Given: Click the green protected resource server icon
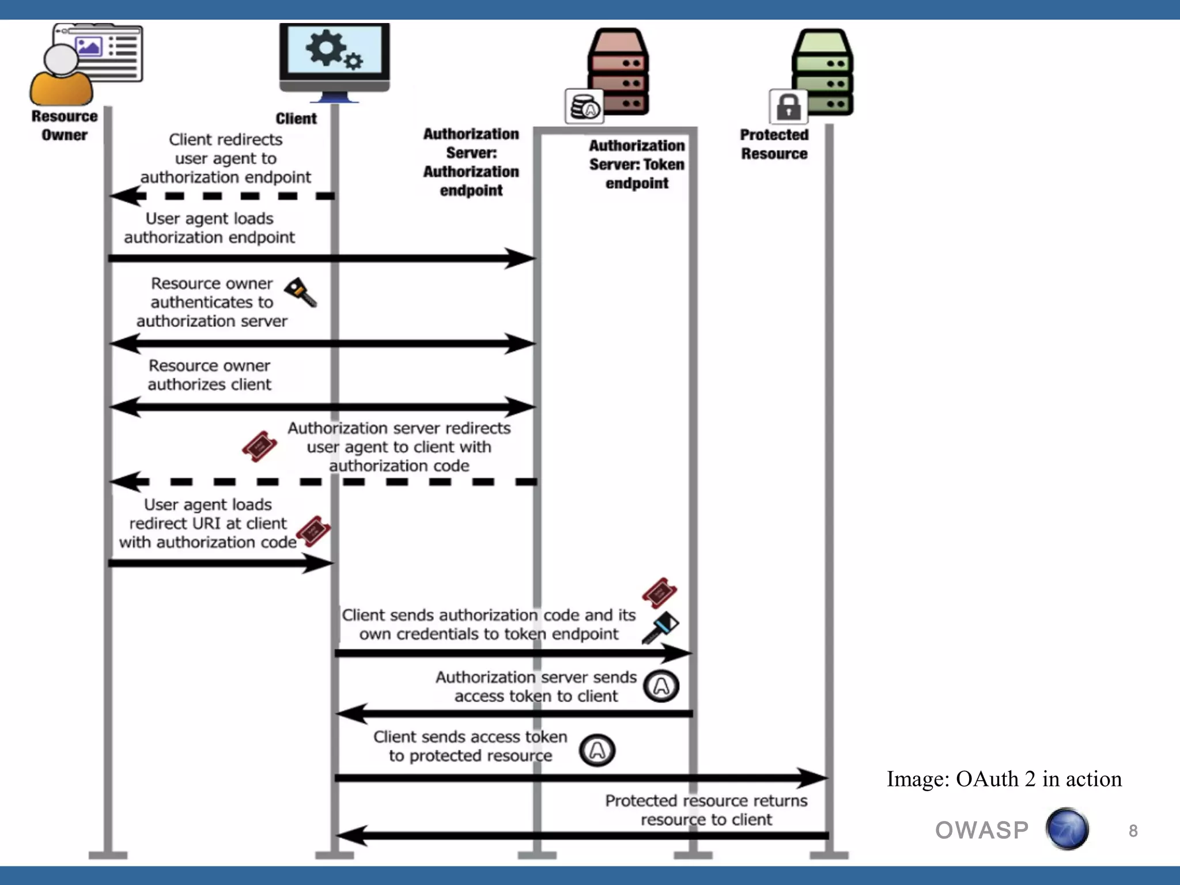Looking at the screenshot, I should pos(823,72).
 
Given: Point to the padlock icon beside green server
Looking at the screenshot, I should pos(788,107).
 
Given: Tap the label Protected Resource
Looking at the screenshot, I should pos(774,144).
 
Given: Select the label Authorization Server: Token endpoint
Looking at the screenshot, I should pos(637,164).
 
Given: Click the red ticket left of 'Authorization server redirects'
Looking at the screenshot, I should pos(259,446).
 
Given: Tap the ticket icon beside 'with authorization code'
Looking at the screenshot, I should pos(313,531).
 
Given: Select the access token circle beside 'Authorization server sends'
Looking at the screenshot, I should pos(661,686).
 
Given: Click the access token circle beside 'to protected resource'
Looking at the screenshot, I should pos(597,750).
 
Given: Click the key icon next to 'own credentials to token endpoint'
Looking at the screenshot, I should pos(661,627).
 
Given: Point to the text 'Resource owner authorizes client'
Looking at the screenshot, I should pos(209,375).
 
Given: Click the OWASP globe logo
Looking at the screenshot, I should pos(1067,829).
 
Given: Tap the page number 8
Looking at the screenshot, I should pos(1133,831).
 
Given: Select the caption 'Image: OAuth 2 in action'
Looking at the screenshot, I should pos(1004,779).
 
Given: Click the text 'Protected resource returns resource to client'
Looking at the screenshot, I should pos(706,810).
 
